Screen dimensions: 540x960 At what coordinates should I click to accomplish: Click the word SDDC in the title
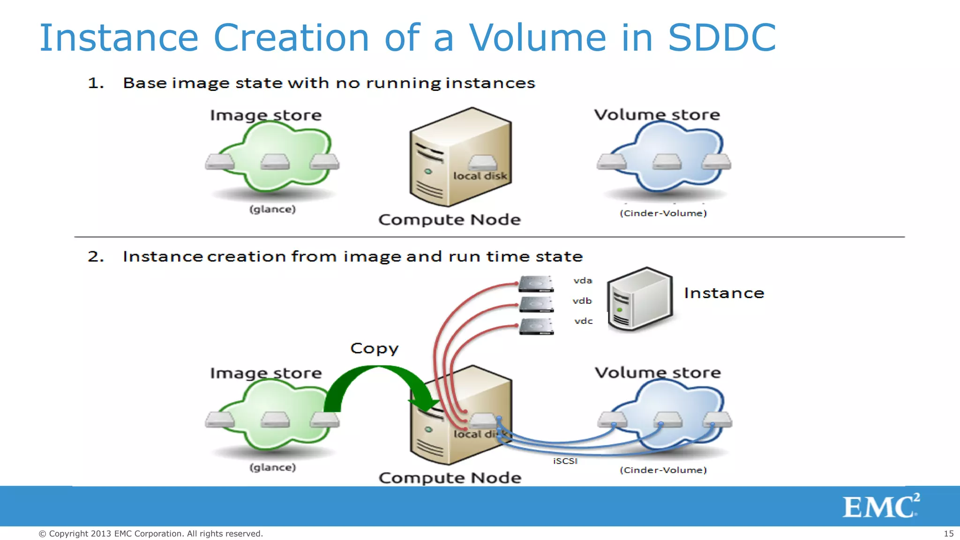(x=722, y=37)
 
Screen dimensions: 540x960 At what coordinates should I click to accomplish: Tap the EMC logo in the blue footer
(x=880, y=506)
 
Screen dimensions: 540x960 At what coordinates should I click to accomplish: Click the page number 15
(x=948, y=533)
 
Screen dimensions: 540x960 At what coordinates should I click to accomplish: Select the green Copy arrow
(x=375, y=382)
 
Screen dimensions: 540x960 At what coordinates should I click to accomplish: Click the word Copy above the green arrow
(x=374, y=348)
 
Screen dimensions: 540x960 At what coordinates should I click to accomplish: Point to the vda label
(x=583, y=281)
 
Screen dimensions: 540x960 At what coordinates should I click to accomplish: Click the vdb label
(x=582, y=301)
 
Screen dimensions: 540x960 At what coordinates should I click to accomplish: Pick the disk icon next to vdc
(x=537, y=326)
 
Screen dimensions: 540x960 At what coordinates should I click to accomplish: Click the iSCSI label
(x=565, y=461)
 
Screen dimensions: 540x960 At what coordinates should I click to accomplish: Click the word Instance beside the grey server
(x=724, y=293)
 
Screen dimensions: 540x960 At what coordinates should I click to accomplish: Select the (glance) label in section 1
(x=272, y=209)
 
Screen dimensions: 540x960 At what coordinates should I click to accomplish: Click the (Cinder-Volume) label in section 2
(x=663, y=470)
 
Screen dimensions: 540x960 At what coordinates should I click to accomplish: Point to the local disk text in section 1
(x=480, y=176)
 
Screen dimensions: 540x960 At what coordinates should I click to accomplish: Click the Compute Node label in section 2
(x=450, y=478)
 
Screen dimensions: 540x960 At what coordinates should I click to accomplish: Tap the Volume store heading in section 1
(x=657, y=115)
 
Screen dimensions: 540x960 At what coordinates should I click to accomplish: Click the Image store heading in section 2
(x=266, y=373)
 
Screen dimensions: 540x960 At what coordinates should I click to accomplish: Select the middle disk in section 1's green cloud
(x=275, y=162)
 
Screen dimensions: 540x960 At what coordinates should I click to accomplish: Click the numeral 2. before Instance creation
(x=96, y=256)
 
